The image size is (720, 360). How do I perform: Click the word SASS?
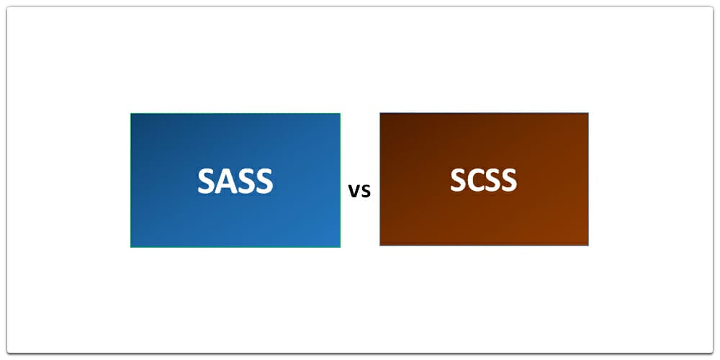coord(235,181)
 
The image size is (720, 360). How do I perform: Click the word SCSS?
coord(483,179)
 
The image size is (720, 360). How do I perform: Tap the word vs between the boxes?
coord(359,191)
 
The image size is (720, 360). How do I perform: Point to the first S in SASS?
coord(207,181)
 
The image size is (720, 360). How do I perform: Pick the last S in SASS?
coord(264,181)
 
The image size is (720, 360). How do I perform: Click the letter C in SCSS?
coord(474,179)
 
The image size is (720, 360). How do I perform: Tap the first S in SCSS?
coord(458,179)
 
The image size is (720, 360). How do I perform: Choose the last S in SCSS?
coord(508,179)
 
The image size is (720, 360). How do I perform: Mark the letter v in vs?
coord(354,192)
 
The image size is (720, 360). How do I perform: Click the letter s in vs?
coord(365,192)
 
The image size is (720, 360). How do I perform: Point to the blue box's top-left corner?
coord(131,114)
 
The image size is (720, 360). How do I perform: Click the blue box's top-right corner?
coord(340,114)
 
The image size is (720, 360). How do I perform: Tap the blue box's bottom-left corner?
coord(131,247)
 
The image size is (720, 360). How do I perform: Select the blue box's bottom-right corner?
coord(340,247)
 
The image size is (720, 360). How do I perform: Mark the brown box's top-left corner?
coord(380,113)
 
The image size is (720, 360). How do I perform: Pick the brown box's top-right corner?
coord(588,113)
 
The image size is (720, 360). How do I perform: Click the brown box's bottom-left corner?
coord(380,246)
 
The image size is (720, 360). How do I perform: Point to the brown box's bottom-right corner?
coord(588,246)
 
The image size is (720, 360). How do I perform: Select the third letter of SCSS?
coord(492,179)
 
